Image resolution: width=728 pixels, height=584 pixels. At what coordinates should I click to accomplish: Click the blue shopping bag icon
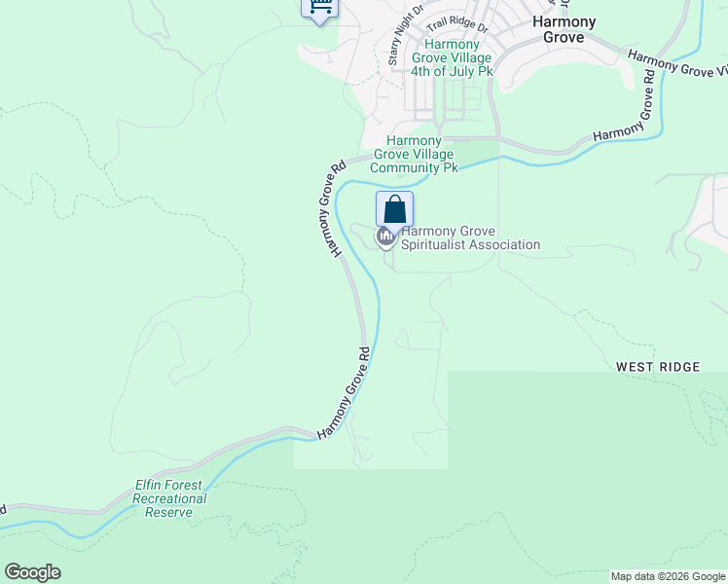coord(394,209)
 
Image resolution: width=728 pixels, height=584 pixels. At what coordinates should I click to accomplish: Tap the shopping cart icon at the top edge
coord(318,7)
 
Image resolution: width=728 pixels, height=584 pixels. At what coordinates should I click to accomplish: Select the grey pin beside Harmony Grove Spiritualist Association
coord(385,236)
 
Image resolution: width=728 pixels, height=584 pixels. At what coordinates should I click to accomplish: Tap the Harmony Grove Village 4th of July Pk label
coord(452,57)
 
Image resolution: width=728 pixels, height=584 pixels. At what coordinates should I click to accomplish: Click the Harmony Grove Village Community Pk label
coord(421,154)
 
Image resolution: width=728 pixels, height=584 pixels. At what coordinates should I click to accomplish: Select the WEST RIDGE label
coord(658,367)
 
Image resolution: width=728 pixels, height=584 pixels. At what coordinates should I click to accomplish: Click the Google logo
coord(32,572)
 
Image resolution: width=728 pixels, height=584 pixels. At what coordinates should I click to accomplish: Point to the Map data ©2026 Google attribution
coord(668,576)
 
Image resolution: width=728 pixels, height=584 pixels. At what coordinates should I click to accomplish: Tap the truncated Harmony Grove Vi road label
coord(677,63)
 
